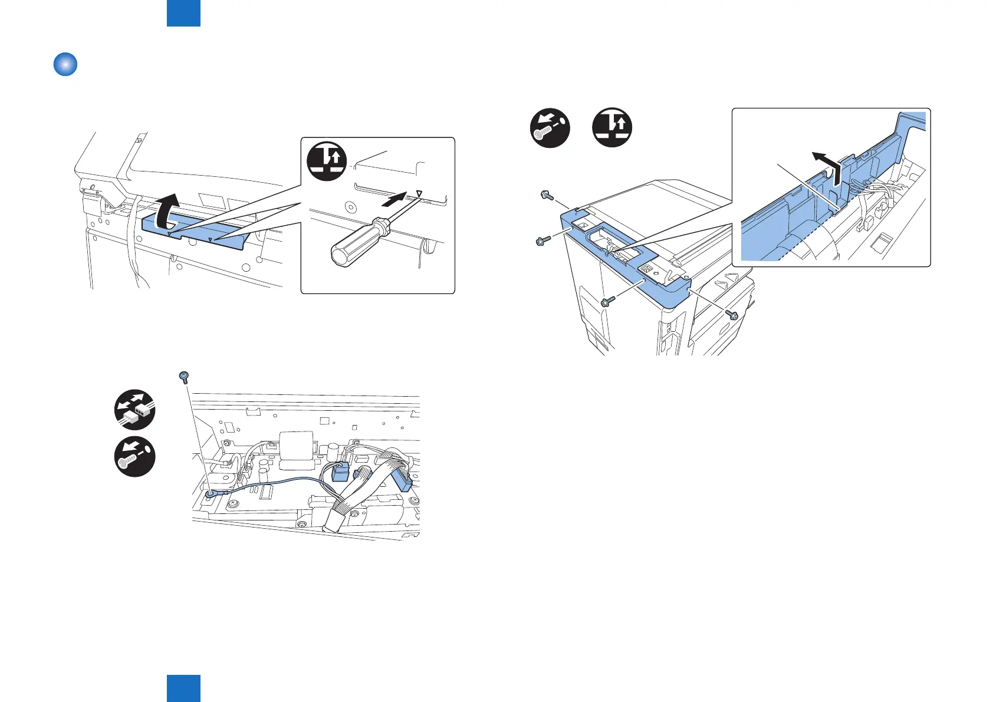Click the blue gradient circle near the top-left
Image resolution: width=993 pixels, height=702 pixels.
[x=65, y=64]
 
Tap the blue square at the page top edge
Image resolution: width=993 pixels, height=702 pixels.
[x=183, y=13]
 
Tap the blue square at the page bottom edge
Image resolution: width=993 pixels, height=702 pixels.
[x=183, y=688]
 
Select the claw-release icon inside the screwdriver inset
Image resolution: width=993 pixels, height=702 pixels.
[x=327, y=161]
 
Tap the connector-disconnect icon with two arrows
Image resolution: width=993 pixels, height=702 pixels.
[x=135, y=410]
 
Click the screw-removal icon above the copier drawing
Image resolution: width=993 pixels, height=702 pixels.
[x=550, y=128]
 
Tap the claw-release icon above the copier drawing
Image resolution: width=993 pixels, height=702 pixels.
[x=613, y=128]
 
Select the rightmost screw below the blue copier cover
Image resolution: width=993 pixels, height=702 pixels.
[x=732, y=315]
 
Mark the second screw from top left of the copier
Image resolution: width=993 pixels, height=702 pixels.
[x=542, y=240]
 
